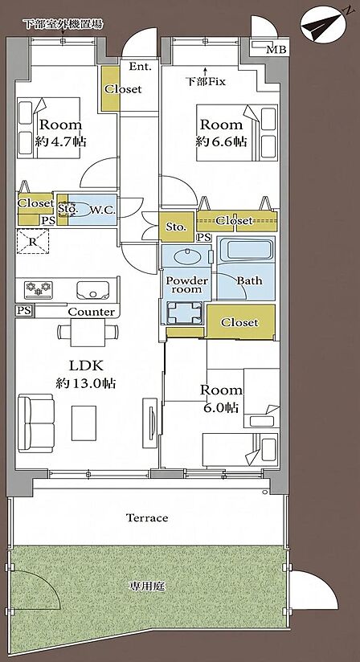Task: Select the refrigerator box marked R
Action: pos(33,242)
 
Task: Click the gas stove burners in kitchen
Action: pos(39,288)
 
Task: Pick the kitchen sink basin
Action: pos(93,289)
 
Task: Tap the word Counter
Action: pos(91,312)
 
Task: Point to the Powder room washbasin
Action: pos(186,256)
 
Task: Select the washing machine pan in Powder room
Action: pos(183,313)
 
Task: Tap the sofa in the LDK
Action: pos(36,424)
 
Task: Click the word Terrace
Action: pos(147,517)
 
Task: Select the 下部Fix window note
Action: pos(206,82)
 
